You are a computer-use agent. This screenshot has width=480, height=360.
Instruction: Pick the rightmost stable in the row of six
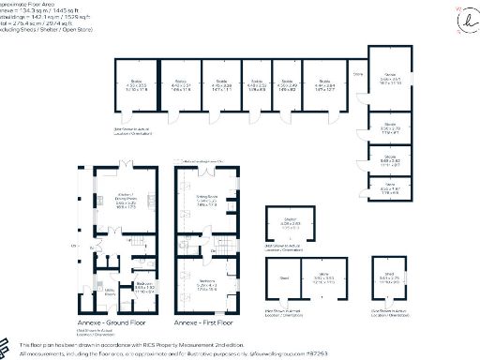(323, 84)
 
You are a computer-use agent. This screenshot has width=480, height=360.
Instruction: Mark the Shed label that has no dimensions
(284, 277)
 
